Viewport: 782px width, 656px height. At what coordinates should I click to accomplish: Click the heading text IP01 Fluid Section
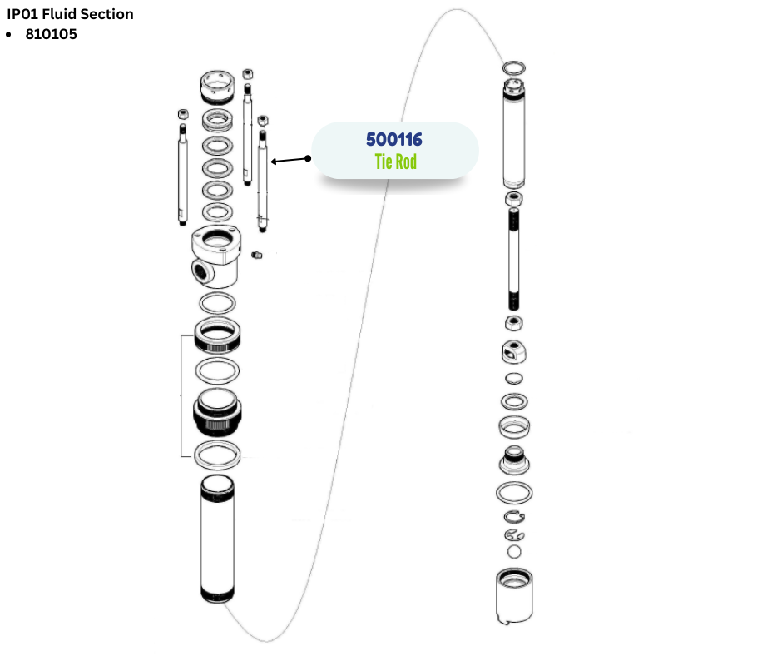click(x=70, y=14)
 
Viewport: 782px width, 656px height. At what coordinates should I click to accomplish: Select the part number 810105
click(x=51, y=35)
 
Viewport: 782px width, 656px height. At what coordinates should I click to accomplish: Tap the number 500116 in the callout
click(x=394, y=140)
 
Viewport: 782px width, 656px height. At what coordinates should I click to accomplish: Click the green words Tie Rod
click(x=395, y=162)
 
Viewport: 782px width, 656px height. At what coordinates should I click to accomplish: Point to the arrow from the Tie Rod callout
click(x=288, y=160)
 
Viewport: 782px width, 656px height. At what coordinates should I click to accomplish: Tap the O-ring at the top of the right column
click(x=515, y=66)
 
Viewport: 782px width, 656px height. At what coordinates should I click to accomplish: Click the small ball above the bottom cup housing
click(x=514, y=551)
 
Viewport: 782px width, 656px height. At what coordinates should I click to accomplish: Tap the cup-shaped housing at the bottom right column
click(x=514, y=595)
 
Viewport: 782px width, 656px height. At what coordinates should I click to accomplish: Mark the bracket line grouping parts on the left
click(x=182, y=396)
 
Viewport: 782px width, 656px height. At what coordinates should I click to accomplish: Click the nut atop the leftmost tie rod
click(x=182, y=113)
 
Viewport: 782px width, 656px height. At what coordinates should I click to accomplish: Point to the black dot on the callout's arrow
click(x=309, y=157)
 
